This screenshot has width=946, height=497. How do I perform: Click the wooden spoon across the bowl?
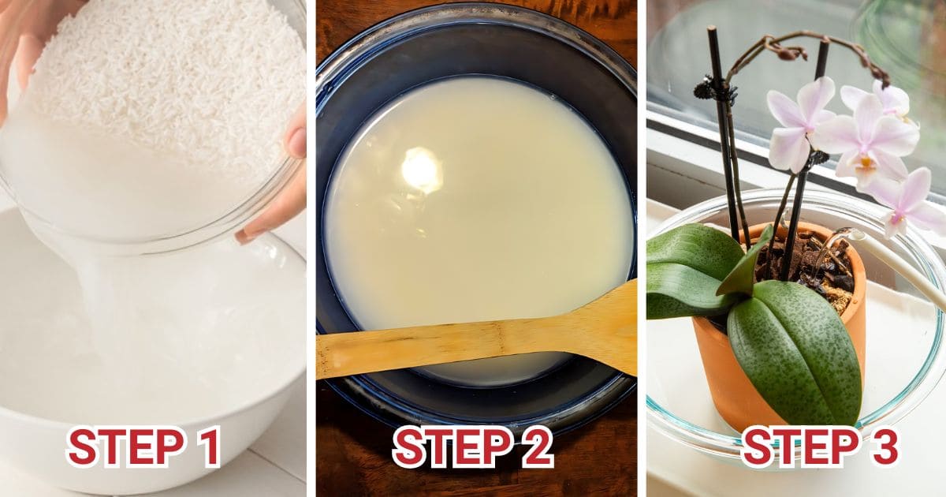[x=473, y=339]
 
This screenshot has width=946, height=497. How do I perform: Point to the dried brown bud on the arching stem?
[x=788, y=51]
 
